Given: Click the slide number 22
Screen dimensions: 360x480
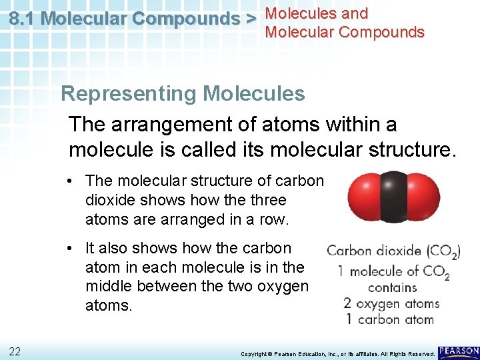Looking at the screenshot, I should coord(15,351).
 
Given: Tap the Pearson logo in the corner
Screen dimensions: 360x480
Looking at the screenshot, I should coord(459,351).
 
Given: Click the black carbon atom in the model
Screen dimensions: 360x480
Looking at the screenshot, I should coord(393,197).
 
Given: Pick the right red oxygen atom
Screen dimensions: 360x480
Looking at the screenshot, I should coord(423,197).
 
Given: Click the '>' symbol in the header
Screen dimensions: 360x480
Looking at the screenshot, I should coord(251,19).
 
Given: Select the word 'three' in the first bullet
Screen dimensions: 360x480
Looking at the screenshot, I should coord(269,200).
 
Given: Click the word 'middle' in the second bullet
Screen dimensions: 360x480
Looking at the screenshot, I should coord(107,287).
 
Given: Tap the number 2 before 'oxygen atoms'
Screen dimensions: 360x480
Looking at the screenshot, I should coord(347,303).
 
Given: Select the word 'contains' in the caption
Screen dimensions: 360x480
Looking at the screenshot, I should coord(392,287).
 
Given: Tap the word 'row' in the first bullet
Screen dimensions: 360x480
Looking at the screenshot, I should coord(271,219).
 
